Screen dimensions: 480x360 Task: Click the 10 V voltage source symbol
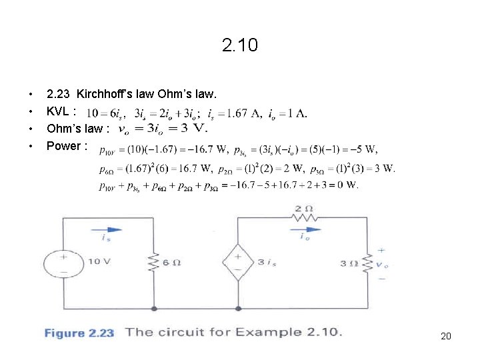[65, 263]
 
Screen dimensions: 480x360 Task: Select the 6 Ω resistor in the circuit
[154, 263]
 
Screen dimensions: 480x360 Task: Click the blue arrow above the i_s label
[106, 230]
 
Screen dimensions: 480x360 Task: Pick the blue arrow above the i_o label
[304, 230]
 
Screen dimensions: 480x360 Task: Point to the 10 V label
[98, 261]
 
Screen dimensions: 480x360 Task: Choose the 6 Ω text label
[172, 263]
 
